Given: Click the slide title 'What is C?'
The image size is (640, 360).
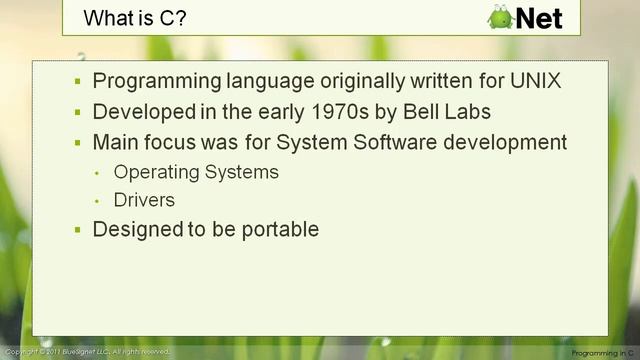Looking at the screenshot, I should pos(125,17).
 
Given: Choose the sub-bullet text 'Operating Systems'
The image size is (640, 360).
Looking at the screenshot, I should pos(196,172).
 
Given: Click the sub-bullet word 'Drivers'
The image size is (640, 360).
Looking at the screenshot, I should pos(145,200).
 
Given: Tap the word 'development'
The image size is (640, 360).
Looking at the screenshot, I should pos(504,142).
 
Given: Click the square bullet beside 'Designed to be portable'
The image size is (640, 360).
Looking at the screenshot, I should pos(78,230).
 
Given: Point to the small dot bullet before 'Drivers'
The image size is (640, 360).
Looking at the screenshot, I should pos(98,201).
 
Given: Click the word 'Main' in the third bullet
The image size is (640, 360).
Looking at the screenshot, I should pos(115,142).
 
